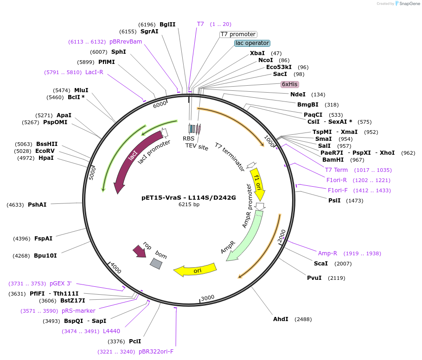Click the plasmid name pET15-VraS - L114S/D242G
coord(189,197)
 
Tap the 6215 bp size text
coord(189,204)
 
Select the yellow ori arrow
coord(195,270)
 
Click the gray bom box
coord(156,264)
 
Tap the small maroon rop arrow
coord(139,252)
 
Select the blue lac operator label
coord(252,43)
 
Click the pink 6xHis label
coord(290,84)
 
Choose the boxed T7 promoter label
coord(238,34)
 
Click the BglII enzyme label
coord(167,24)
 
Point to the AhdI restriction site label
coord(281,319)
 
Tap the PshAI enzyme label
coord(37,204)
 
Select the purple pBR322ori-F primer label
coord(156,352)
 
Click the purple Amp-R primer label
coord(327,253)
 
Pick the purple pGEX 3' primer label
coord(61,284)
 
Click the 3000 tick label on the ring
coord(208,297)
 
